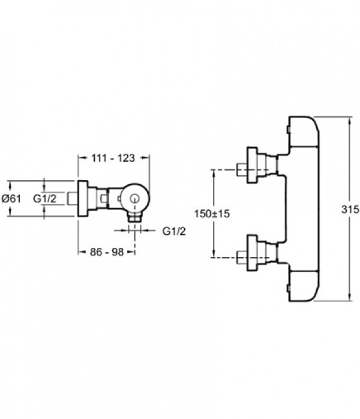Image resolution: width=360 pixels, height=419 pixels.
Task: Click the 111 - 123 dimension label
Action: [113, 158]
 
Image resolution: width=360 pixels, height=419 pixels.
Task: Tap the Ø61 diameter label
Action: [11, 199]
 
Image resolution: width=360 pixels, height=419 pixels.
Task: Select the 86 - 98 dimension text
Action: [107, 252]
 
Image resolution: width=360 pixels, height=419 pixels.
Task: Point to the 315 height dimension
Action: [350, 209]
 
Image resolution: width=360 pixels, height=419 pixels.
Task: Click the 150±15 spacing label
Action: [212, 214]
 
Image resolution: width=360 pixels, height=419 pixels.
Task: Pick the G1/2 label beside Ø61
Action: [44, 199]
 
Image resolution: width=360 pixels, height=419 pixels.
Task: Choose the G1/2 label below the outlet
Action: [174, 231]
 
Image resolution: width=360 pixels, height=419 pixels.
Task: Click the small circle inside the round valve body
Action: [134, 199]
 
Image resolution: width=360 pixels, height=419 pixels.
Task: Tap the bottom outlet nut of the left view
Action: [134, 217]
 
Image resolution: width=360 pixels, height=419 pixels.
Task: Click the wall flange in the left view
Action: [83, 199]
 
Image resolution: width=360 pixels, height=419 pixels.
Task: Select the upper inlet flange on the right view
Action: [252, 165]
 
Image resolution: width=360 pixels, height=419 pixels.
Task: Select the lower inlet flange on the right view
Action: [252, 253]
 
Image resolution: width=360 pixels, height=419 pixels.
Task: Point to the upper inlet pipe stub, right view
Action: [242, 170]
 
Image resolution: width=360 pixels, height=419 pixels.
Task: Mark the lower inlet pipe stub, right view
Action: [242, 258]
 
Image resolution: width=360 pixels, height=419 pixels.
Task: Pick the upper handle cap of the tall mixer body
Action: [304, 131]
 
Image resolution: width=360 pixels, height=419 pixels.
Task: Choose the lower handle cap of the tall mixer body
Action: [304, 286]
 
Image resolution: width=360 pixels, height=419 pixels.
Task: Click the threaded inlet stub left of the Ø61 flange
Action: [73, 199]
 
